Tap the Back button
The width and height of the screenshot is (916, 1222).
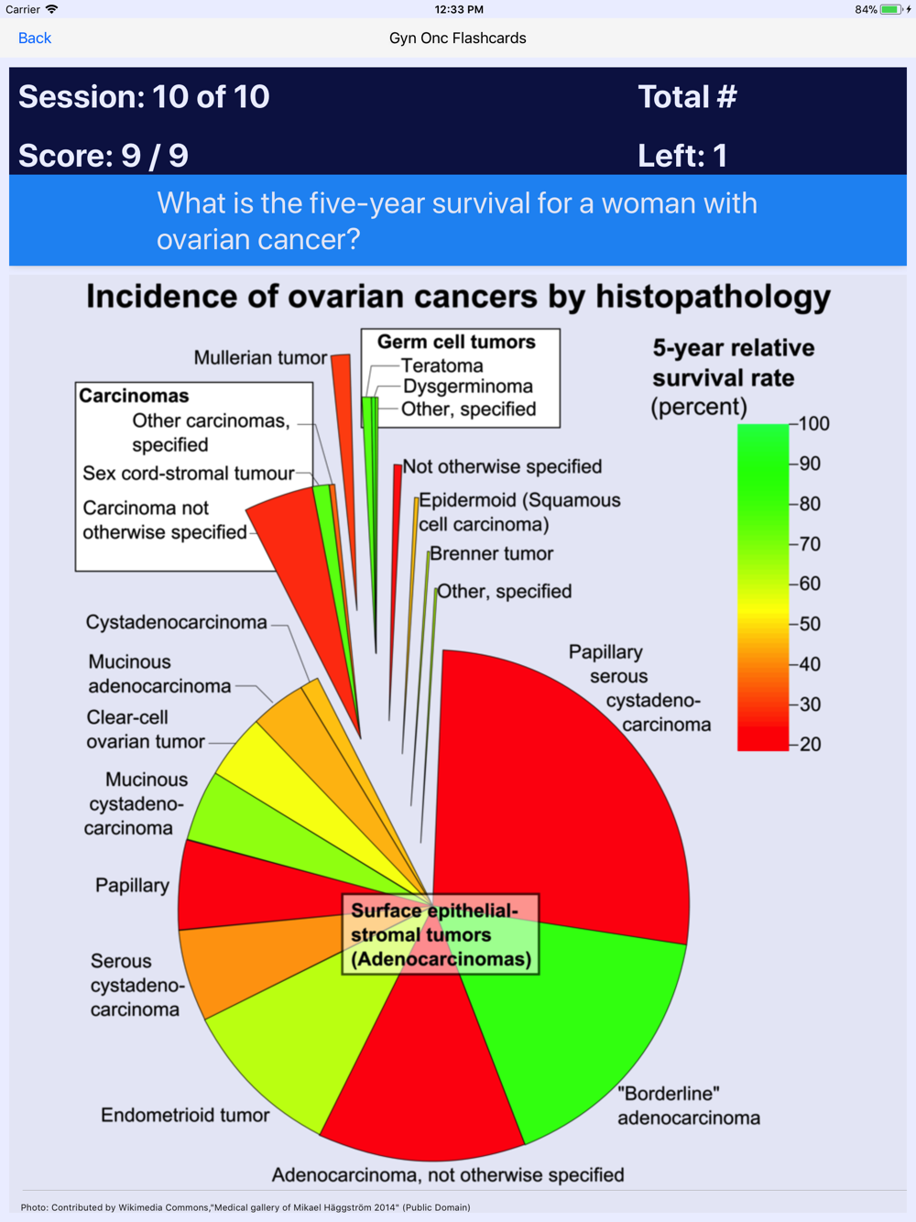click(35, 38)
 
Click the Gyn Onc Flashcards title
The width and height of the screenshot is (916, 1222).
click(457, 38)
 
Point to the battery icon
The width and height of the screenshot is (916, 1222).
click(889, 10)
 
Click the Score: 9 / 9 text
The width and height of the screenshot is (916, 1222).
click(104, 156)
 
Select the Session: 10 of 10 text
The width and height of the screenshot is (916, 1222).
click(144, 97)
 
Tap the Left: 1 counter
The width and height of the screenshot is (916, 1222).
click(682, 156)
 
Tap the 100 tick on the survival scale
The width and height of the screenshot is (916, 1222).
click(812, 424)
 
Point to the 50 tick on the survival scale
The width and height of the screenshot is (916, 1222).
click(809, 624)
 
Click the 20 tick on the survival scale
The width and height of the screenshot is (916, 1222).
click(809, 744)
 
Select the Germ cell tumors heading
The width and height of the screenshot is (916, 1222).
click(456, 342)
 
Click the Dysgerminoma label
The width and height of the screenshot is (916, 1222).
click(467, 387)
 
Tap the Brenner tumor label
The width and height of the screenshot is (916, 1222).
click(491, 553)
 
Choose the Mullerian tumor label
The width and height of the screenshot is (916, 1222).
click(260, 357)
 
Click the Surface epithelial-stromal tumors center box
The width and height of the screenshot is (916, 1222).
click(440, 934)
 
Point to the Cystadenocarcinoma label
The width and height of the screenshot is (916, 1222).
click(177, 622)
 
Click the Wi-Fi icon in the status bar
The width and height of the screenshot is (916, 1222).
click(52, 9)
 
